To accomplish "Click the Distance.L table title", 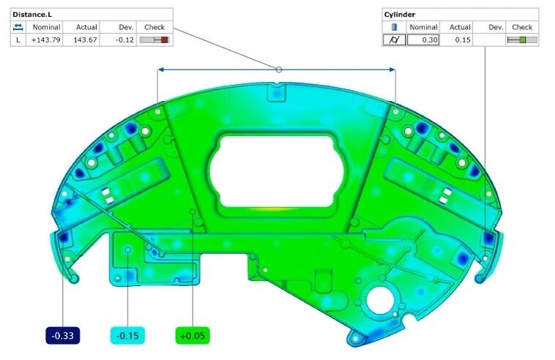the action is [x=32, y=15].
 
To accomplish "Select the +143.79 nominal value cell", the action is [x=45, y=40].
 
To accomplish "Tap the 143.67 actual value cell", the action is [x=85, y=40].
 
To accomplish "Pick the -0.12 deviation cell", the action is [x=124, y=40].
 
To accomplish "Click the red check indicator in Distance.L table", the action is [x=164, y=40].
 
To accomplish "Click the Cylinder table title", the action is [x=400, y=15].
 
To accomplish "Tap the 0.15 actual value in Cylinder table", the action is [x=463, y=40].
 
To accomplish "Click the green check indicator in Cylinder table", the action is [x=523, y=40].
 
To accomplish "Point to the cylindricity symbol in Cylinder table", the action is [x=394, y=40].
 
